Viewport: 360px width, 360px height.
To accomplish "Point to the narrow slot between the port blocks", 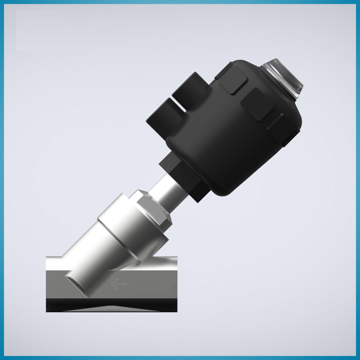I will pyautogui.click(x=180, y=105).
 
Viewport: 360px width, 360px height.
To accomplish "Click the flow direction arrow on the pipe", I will pyautogui.click(x=119, y=284).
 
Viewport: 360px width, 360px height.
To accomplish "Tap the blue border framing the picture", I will pyautogui.click(x=180, y=2).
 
